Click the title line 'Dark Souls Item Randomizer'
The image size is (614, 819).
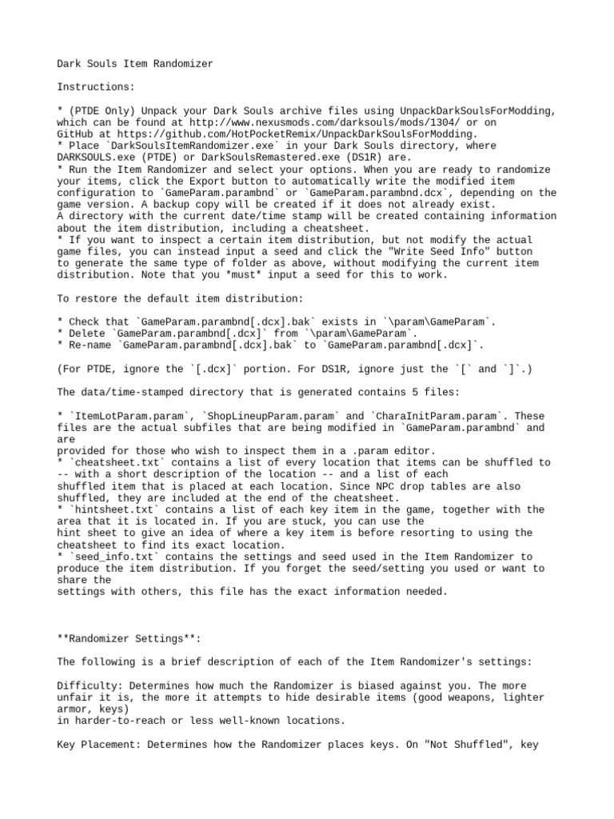pos(135,63)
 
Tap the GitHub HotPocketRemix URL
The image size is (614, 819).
pos(301,134)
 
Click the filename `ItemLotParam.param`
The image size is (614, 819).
pos(132,415)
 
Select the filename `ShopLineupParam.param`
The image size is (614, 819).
pos(271,415)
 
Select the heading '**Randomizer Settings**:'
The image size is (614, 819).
pos(130,638)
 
